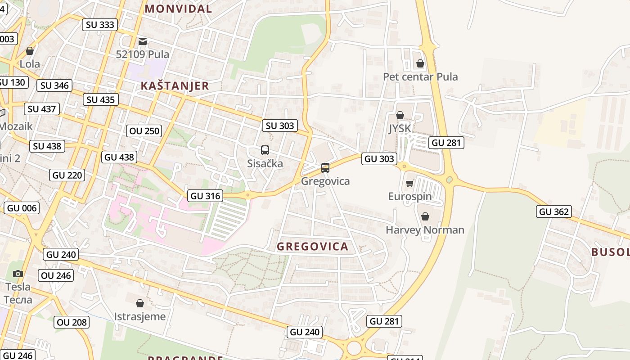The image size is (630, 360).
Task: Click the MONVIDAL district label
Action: (x=178, y=9)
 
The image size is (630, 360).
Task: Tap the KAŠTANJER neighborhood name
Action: (x=175, y=86)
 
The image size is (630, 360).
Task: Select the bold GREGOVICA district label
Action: (x=312, y=247)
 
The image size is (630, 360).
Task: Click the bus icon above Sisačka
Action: (x=265, y=150)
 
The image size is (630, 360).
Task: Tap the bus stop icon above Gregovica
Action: (x=325, y=168)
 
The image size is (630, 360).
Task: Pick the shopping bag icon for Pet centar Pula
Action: (x=420, y=63)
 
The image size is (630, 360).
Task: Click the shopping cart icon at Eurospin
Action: (x=409, y=183)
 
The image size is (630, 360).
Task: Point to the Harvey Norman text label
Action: (x=425, y=230)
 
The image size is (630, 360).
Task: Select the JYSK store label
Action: (x=400, y=129)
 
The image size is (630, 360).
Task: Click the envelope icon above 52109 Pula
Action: (x=143, y=41)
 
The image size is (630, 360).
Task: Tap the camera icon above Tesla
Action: (x=18, y=274)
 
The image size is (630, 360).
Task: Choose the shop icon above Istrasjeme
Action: (x=140, y=303)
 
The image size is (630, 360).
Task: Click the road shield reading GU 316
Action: (x=206, y=196)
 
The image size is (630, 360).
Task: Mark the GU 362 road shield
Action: (x=553, y=211)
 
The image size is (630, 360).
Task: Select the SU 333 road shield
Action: (x=100, y=25)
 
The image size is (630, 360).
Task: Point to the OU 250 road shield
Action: (x=144, y=131)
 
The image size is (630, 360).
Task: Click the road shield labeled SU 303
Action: (x=280, y=126)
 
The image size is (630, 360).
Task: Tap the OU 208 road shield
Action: (x=72, y=322)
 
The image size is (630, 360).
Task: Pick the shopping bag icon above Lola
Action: (x=30, y=51)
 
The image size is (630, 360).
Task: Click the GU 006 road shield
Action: (x=22, y=208)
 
